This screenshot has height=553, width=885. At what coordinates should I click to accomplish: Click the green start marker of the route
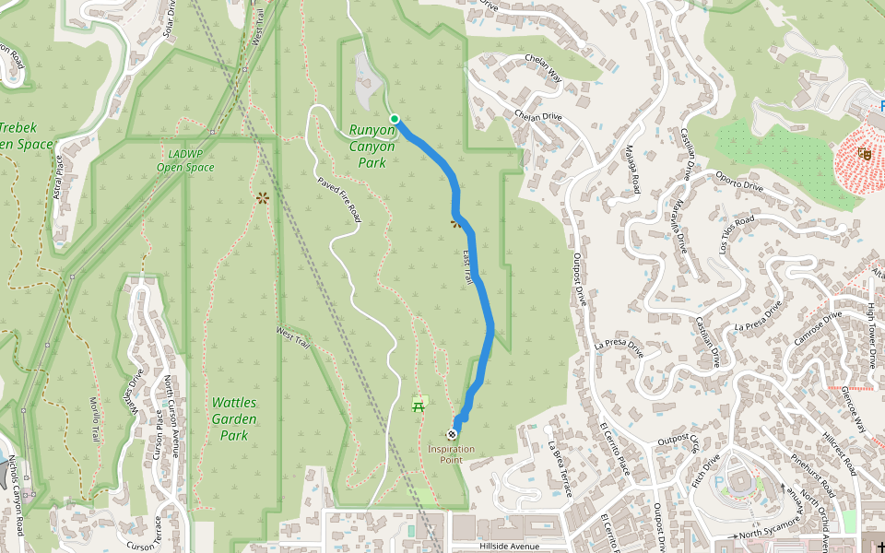395,118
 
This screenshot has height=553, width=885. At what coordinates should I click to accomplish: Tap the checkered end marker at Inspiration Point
452,434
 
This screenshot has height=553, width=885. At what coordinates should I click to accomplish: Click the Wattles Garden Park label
234,418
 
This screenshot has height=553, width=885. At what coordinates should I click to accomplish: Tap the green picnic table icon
419,403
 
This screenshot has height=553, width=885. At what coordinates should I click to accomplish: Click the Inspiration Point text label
452,454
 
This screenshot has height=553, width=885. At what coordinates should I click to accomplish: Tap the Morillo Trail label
96,419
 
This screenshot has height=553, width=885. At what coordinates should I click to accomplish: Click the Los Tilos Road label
737,235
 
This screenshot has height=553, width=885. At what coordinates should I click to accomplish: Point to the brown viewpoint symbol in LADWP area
263,196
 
